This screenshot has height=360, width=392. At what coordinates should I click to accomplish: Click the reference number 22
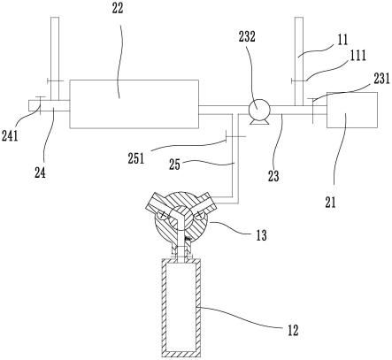pyautogui.click(x=118, y=9)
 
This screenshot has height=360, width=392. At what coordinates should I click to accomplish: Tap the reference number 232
pyautogui.click(x=247, y=37)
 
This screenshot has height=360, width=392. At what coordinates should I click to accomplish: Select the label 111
pyautogui.click(x=358, y=55)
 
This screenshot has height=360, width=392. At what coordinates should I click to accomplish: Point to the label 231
pyautogui.click(x=382, y=79)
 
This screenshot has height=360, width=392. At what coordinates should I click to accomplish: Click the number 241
pyautogui.click(x=10, y=136)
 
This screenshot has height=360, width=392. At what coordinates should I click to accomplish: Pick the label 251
pyautogui.click(x=136, y=158)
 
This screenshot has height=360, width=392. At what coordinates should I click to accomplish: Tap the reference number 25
pyautogui.click(x=174, y=165)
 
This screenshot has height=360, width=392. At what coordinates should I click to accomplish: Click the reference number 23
pyautogui.click(x=273, y=176)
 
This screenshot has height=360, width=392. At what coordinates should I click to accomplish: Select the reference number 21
pyautogui.click(x=331, y=203)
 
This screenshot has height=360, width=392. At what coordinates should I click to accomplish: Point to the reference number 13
pyautogui.click(x=261, y=235)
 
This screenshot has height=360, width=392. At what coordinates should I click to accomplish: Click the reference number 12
pyautogui.click(x=293, y=331)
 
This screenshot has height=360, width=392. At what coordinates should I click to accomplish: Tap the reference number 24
pyautogui.click(x=40, y=172)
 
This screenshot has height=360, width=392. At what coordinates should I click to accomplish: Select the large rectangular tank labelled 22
pyautogui.click(x=134, y=103)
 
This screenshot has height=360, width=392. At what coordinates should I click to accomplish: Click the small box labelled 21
pyautogui.click(x=352, y=110)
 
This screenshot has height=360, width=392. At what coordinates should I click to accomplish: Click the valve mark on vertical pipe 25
pyautogui.click(x=235, y=136)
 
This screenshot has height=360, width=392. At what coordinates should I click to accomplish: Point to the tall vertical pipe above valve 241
pyautogui.click(x=55, y=58)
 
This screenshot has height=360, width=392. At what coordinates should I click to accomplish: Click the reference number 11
pyautogui.click(x=342, y=40)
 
